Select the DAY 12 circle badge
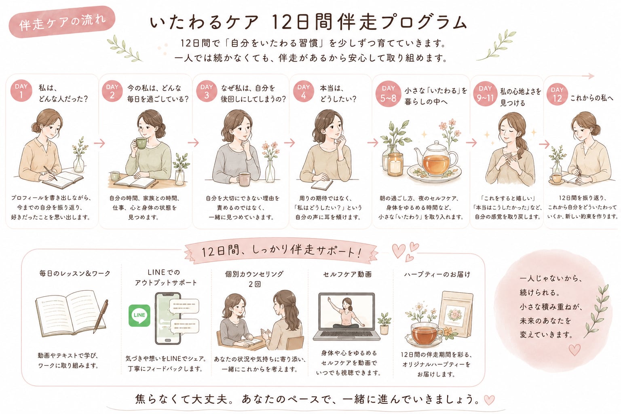click(557, 94)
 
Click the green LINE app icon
click(139, 316)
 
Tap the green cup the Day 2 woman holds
click(141, 143)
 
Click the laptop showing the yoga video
click(346, 317)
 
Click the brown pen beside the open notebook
click(100, 316)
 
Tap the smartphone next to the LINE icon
click(168, 318)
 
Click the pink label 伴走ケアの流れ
click(62, 21)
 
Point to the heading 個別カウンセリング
click(254, 274)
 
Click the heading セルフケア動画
click(347, 274)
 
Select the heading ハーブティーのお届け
click(437, 275)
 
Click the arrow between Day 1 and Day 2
click(99, 143)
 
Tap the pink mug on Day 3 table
click(244, 179)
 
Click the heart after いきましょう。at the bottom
click(489, 400)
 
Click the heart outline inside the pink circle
click(575, 350)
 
